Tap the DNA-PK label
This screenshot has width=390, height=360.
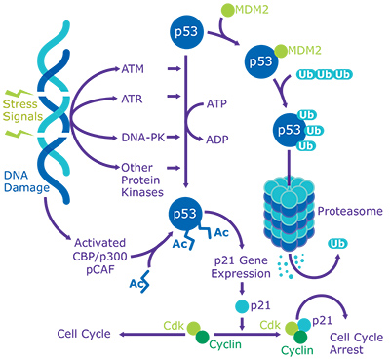(x=142, y=137)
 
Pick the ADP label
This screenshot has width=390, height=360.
(x=218, y=139)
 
